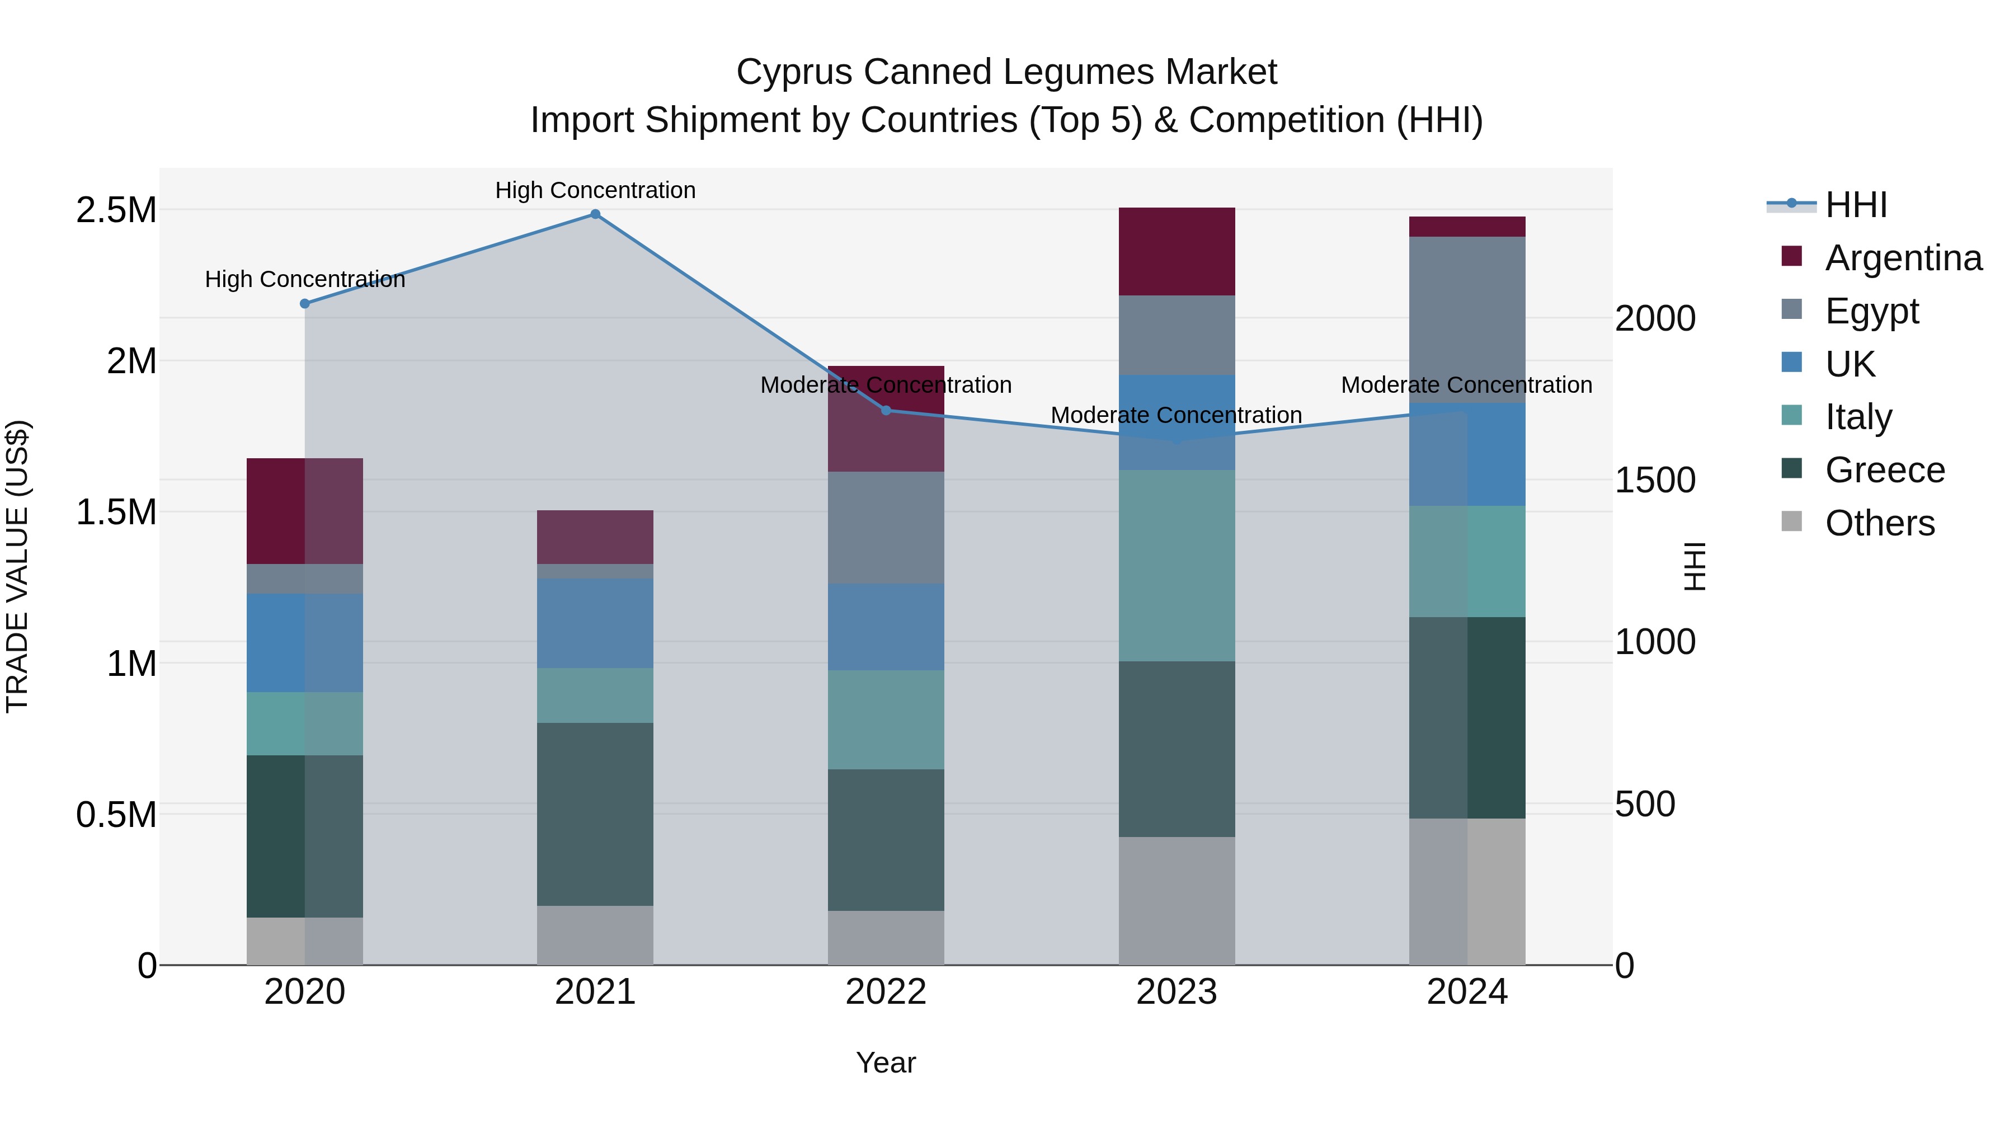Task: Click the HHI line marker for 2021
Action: [595, 214]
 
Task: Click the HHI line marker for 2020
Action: [305, 303]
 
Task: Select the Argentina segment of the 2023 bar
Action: [1177, 252]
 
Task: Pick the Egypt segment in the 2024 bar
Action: [1467, 320]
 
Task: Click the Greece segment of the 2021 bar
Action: [595, 814]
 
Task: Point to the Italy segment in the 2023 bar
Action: [1177, 565]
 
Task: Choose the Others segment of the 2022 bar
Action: [886, 938]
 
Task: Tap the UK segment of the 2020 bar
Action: [305, 643]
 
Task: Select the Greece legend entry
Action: [1884, 470]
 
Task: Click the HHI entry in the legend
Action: [1855, 205]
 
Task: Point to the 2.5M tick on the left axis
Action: [116, 210]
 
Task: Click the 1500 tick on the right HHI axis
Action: [1654, 480]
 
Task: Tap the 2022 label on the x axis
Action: [886, 992]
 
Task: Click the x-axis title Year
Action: [886, 1063]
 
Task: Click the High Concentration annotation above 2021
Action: [595, 190]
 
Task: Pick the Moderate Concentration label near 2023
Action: [1176, 415]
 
